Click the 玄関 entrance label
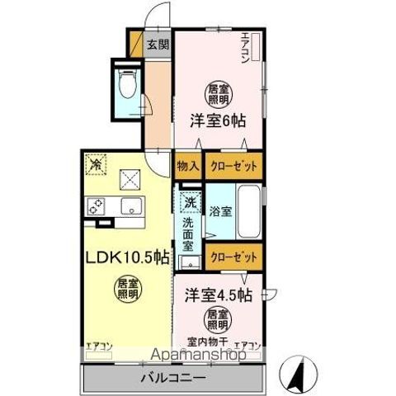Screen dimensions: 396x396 pos(158,45)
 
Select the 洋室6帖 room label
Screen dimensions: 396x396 pos(218,120)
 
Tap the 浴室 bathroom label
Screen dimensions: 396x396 pos(219,211)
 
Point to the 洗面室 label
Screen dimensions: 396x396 pos(188,233)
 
